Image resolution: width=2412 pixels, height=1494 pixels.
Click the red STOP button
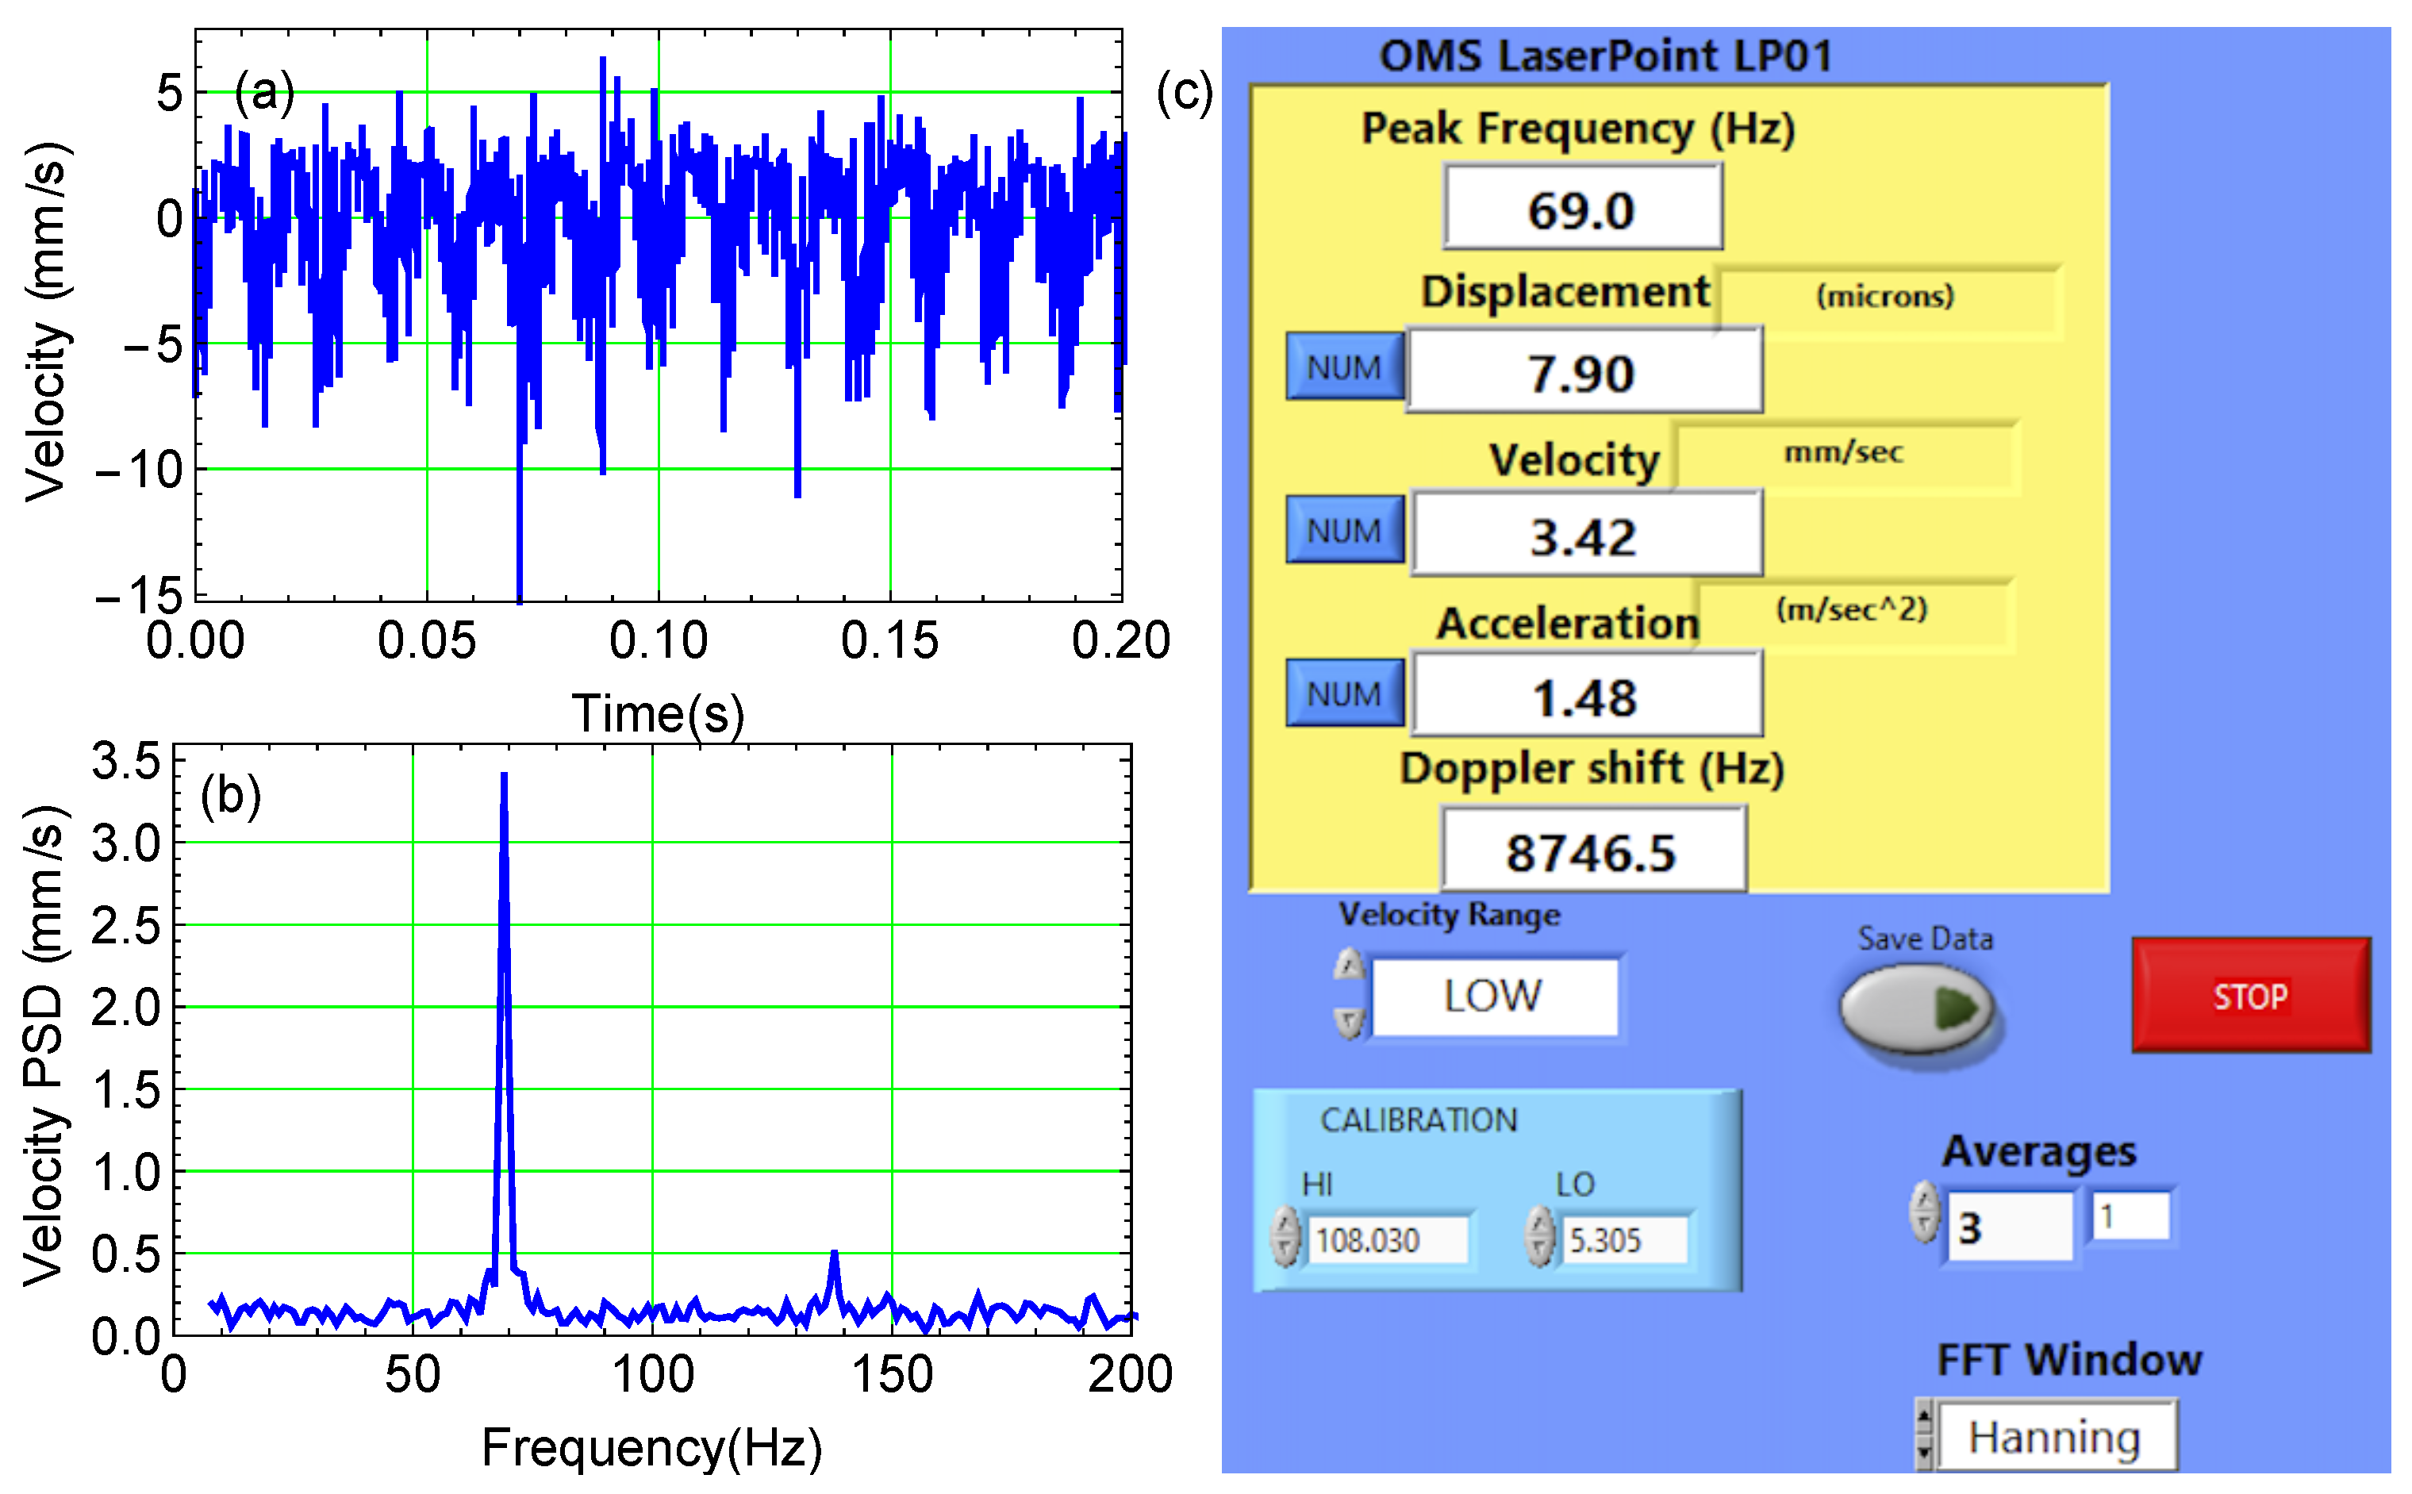point(2250,995)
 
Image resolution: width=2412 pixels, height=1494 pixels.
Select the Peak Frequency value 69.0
point(1582,209)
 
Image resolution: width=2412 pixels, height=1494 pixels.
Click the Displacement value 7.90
point(1582,371)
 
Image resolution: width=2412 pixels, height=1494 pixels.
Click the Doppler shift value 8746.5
point(1591,851)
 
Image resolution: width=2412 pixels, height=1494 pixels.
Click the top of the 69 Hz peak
point(504,777)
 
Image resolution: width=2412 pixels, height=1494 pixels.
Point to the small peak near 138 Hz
point(834,1255)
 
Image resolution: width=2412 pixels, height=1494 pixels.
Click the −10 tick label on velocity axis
point(138,470)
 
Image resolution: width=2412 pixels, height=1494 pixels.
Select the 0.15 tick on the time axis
point(889,640)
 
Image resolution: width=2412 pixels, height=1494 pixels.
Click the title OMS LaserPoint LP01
point(1606,56)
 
